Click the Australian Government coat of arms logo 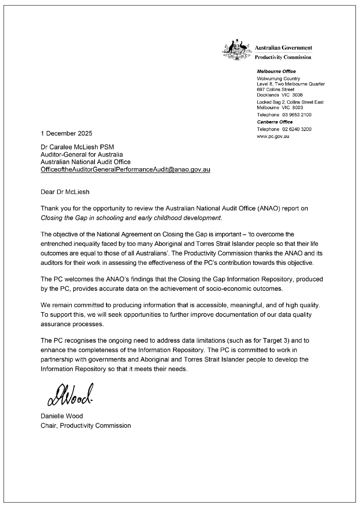236,50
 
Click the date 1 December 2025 66,133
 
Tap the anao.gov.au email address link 125,169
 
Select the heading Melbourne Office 276,72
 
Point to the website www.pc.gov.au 273,136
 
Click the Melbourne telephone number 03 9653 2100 297,115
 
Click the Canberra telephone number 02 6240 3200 297,129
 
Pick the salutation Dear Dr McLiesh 65,192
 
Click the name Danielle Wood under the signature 62,416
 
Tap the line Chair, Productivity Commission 85,426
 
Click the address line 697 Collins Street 275,90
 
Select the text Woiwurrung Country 278,79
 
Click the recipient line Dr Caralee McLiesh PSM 77,147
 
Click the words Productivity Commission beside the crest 283,57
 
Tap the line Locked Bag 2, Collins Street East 290,102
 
